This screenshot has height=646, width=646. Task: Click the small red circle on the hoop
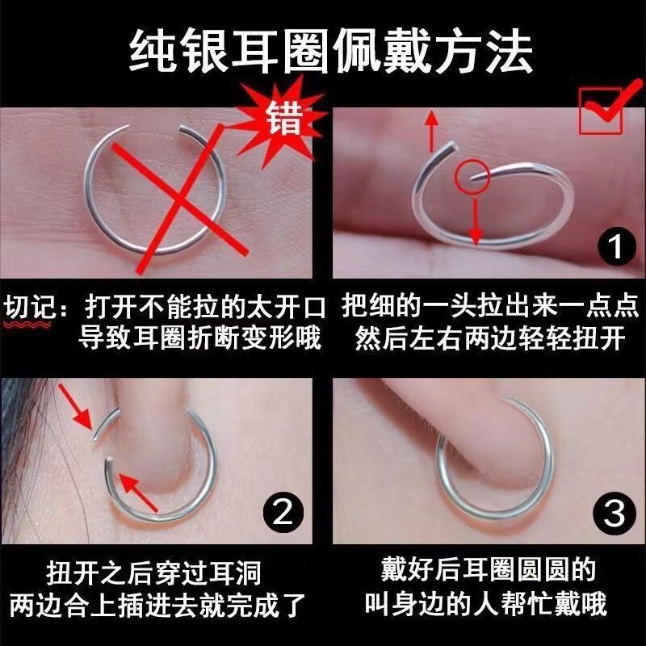(472, 177)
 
